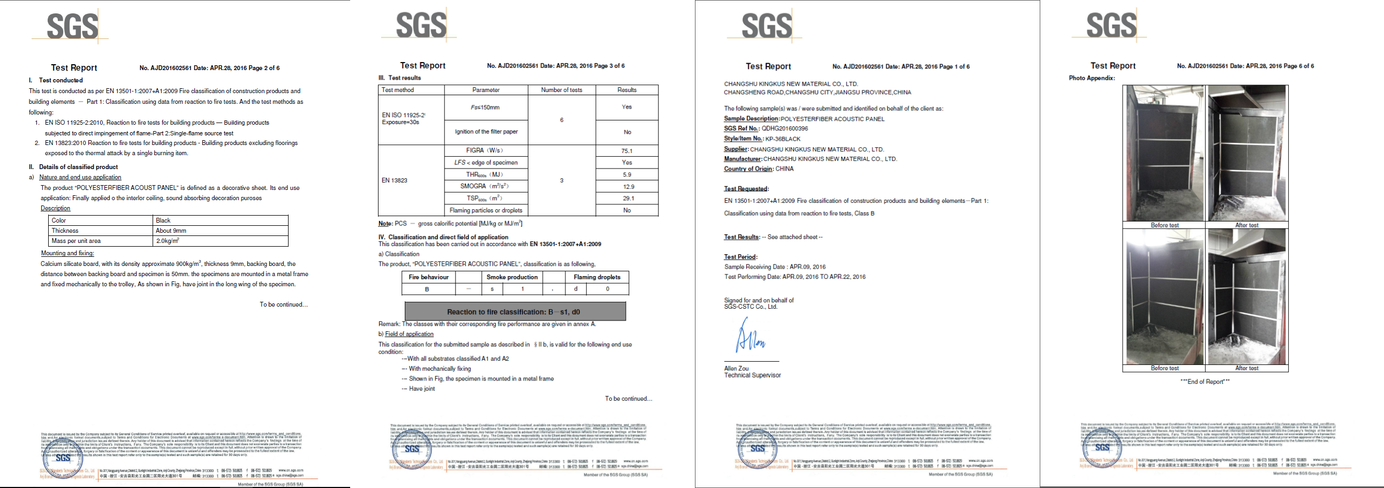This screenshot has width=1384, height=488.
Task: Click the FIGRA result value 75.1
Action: point(626,151)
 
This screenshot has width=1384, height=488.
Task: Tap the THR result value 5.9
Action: point(626,174)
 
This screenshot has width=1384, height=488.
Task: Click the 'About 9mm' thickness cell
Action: point(171,231)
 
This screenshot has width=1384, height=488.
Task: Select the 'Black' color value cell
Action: point(163,220)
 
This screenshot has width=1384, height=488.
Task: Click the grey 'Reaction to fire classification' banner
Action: point(515,311)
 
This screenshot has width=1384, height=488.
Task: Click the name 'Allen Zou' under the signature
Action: point(736,368)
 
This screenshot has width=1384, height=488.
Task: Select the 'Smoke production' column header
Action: point(511,277)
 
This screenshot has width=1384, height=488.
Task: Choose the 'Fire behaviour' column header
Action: point(428,277)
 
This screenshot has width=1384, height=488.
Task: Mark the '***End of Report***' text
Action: point(1205,382)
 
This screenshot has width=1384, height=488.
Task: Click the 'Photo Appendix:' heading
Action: point(1092,78)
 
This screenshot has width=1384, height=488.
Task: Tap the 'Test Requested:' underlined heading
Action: point(746,189)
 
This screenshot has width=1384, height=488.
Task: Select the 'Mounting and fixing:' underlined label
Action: point(67,254)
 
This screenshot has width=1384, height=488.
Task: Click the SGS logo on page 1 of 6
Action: point(766,25)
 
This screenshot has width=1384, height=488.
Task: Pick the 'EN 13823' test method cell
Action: point(395,180)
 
